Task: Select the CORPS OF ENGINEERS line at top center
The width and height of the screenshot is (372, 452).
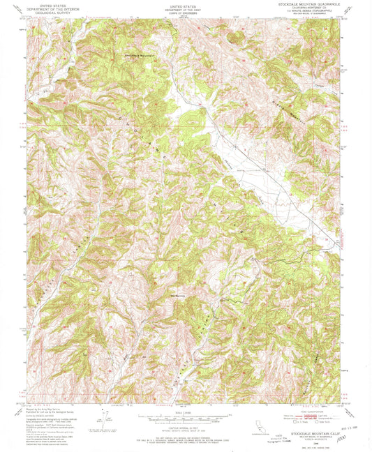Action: point(185,11)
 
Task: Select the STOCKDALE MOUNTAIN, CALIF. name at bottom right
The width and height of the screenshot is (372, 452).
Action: point(314,434)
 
